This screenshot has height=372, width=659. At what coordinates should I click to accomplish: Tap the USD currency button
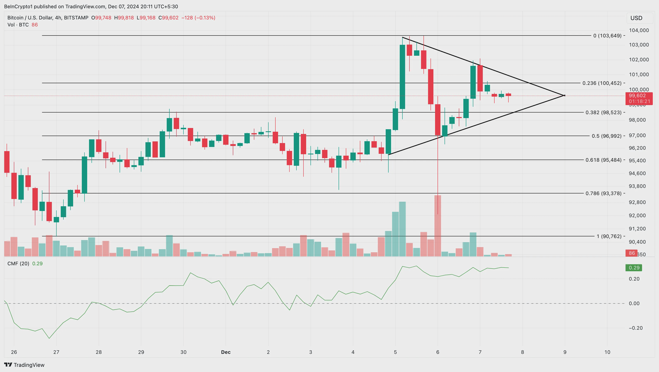pos(636,18)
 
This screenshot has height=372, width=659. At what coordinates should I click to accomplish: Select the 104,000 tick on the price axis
pos(639,30)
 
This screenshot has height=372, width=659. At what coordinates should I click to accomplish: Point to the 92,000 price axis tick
pos(637,216)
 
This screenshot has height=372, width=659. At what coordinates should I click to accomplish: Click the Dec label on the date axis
pos(226,352)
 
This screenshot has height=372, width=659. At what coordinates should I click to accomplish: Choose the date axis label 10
pos(607,352)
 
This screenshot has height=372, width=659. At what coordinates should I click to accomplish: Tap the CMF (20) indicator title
pos(18,264)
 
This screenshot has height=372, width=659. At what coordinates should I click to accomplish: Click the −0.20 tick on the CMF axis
pos(635,328)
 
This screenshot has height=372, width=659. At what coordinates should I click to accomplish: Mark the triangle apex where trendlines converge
pos(564,96)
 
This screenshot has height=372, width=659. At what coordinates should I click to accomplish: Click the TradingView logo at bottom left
pos(24,365)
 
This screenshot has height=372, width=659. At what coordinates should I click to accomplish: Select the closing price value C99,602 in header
pos(169,18)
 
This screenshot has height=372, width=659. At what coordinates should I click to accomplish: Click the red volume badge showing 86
pos(632,253)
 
